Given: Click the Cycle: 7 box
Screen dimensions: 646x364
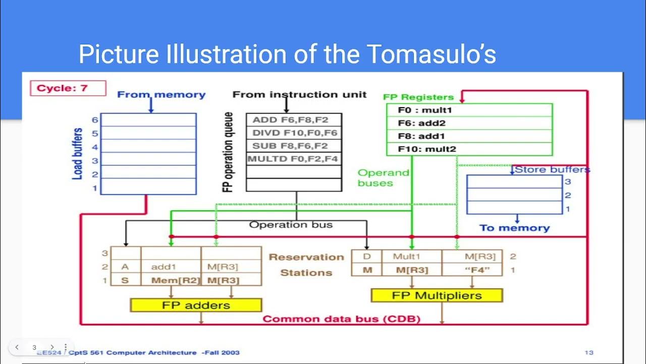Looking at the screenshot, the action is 69,88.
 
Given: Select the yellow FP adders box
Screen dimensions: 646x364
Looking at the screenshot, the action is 196,305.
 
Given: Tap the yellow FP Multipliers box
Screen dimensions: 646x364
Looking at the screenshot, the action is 437,295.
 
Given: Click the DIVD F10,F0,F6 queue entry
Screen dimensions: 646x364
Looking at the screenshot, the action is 294,133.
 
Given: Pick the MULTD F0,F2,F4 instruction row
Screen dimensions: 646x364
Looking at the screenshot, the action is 294,159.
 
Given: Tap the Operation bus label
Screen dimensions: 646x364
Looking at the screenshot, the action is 291,224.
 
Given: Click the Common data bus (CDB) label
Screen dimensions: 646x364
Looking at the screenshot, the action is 342,319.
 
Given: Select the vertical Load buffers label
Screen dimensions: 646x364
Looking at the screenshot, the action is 78,154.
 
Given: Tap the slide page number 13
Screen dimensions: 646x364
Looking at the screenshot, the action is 589,352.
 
